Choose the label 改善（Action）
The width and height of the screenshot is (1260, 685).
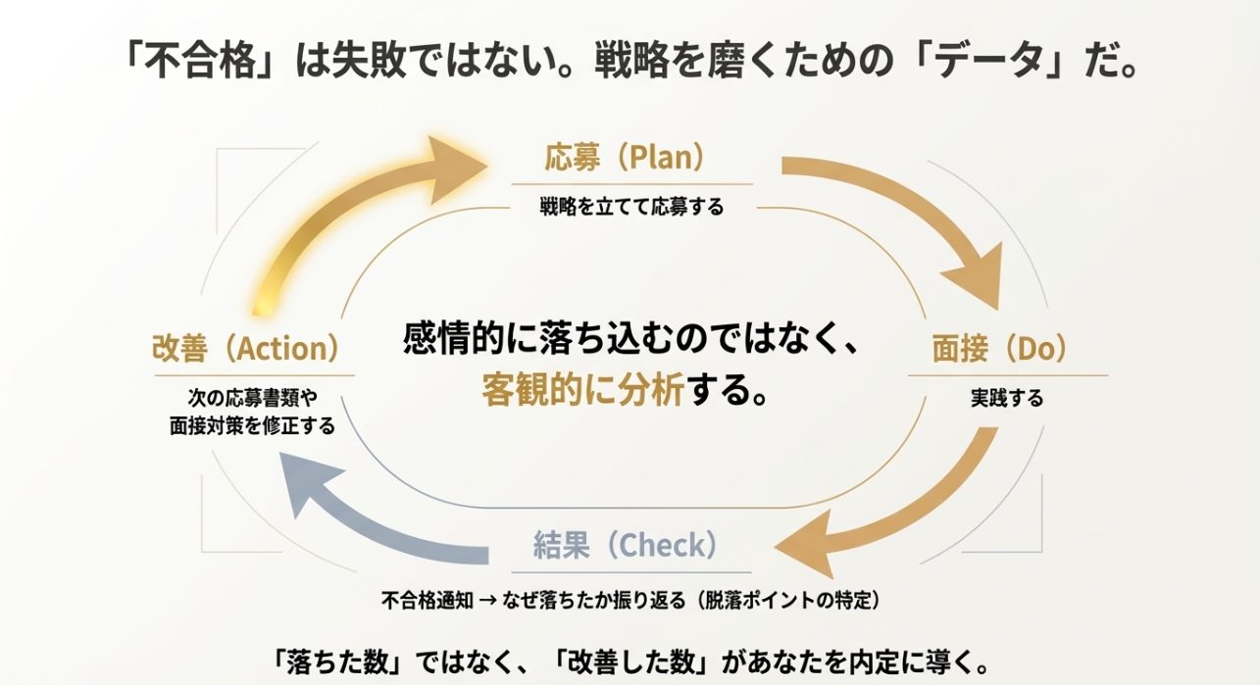[x=246, y=348]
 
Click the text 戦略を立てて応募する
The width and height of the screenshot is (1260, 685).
[x=631, y=206]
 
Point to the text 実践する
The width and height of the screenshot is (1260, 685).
[x=1006, y=398]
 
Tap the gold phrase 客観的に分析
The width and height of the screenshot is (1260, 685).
[x=582, y=391]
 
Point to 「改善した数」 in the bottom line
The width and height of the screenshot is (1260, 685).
[x=637, y=658]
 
